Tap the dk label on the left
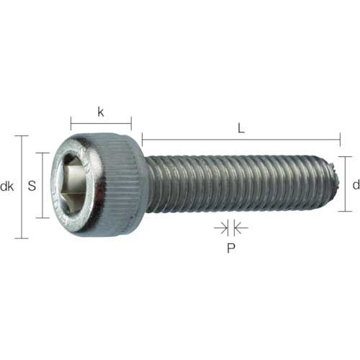click(x=7, y=186)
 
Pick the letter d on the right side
click(x=355, y=185)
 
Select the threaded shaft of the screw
click(x=230, y=183)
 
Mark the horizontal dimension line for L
click(x=240, y=139)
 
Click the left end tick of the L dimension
click(x=143, y=139)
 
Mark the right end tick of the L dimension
click(x=338, y=139)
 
